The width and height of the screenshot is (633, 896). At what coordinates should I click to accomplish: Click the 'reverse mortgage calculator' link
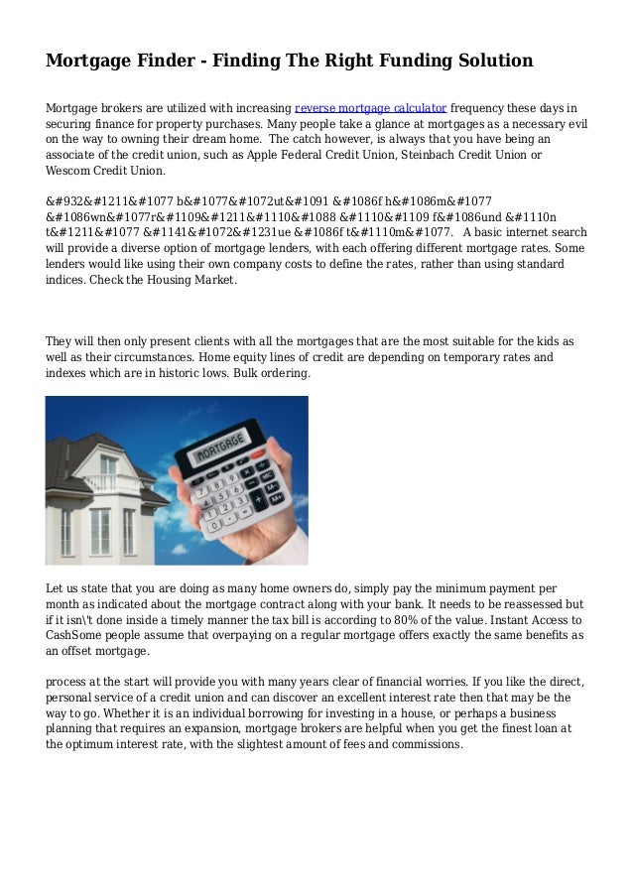pyautogui.click(x=370, y=107)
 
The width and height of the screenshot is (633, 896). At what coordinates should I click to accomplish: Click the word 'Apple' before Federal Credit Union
pyautogui.click(x=267, y=157)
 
